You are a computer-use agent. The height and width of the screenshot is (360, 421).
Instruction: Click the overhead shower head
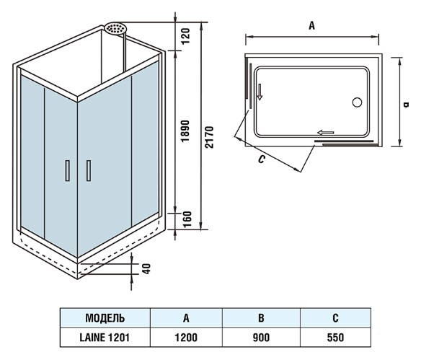tap(115, 28)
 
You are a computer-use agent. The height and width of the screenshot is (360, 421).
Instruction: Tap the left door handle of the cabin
tap(68, 170)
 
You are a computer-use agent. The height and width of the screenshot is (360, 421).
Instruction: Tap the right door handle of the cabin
tap(89, 170)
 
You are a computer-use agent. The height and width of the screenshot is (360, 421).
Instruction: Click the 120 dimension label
tap(185, 36)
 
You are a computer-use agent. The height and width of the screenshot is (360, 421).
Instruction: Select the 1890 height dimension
tap(185, 131)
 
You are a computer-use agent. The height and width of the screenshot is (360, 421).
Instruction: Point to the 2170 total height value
tap(209, 137)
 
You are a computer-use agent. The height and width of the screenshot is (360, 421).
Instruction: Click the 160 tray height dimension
tap(187, 219)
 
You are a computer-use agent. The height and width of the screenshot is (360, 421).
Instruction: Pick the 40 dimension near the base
tap(146, 268)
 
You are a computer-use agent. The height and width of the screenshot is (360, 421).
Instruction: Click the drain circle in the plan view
tap(357, 102)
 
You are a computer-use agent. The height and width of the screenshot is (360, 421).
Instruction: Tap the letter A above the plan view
tap(311, 26)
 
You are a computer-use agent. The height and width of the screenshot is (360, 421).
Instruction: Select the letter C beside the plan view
tap(261, 159)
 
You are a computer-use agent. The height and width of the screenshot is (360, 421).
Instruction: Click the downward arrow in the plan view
tap(260, 92)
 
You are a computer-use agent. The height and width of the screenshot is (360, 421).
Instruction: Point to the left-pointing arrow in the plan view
tap(325, 133)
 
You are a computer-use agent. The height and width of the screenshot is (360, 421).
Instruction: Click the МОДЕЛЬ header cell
tap(105, 318)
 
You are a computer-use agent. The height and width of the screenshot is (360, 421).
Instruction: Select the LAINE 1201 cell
tap(105, 338)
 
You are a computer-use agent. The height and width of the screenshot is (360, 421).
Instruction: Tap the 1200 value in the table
tap(186, 338)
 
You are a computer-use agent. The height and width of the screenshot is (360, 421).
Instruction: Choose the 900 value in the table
tap(261, 338)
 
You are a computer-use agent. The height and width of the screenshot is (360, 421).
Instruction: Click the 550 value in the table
tap(335, 338)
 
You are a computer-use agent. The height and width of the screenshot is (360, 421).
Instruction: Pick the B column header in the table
tap(261, 318)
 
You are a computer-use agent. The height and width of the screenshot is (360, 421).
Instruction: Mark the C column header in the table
tap(335, 318)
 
